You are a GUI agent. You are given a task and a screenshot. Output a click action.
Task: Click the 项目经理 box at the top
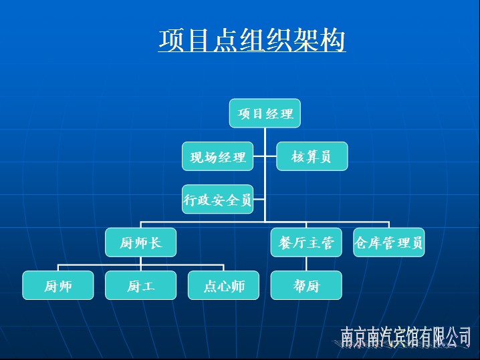pyautogui.click(x=265, y=113)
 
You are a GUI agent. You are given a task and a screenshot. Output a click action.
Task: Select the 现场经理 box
pyautogui.click(x=218, y=156)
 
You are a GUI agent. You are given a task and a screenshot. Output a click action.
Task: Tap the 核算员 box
pyautogui.click(x=312, y=156)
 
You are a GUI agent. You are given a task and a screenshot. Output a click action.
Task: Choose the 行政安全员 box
pyautogui.click(x=218, y=199)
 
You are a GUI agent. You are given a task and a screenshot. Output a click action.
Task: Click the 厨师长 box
pyautogui.click(x=140, y=242)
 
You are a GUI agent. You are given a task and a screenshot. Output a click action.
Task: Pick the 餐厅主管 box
pyautogui.click(x=306, y=242)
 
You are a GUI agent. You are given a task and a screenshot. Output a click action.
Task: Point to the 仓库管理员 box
pyautogui.click(x=389, y=242)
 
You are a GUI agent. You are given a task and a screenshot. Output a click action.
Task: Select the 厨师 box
pyautogui.click(x=58, y=285)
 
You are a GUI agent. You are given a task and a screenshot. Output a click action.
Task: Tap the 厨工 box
pyautogui.click(x=140, y=285)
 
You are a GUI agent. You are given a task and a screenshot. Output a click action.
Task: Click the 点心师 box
pyautogui.click(x=223, y=285)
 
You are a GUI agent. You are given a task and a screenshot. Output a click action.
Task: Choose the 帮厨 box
pyautogui.click(x=306, y=285)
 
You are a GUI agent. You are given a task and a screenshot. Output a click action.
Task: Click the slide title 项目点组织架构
pyautogui.click(x=252, y=40)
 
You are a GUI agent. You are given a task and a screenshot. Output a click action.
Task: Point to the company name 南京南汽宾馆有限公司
pyautogui.click(x=406, y=337)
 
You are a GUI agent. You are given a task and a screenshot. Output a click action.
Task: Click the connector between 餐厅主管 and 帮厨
pyautogui.click(x=306, y=264)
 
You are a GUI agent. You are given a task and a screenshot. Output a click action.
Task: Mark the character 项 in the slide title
pyautogui.click(x=172, y=40)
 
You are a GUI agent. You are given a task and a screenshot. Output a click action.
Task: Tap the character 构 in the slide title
pyautogui.click(x=333, y=40)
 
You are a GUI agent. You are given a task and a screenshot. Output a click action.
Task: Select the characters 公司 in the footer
pyautogui.click(x=458, y=337)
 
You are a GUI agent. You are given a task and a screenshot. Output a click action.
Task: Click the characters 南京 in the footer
pyautogui.click(x=354, y=337)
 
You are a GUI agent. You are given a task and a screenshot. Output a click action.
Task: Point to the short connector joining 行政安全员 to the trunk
pyautogui.click(x=259, y=199)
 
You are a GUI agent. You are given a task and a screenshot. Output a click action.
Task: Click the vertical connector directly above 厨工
pyautogui.click(x=140, y=264)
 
